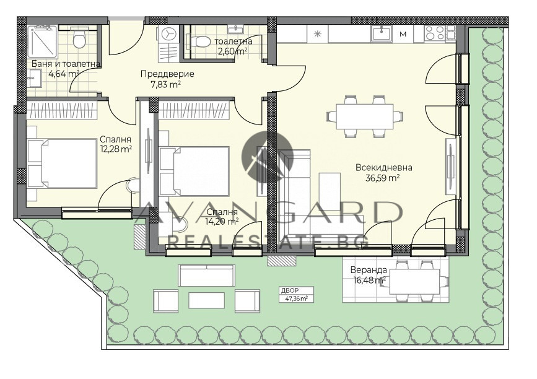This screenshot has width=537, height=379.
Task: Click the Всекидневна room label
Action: click(383, 168)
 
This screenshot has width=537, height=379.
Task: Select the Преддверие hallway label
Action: click(167, 74)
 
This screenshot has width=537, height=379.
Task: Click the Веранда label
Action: click(369, 271)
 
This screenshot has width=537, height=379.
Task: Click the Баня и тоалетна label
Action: click(66, 64)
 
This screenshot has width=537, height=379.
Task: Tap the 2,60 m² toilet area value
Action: click(234, 51)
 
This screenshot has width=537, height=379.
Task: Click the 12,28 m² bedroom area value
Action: click(116, 149)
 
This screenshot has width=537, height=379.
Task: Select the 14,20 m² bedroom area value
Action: click(222, 222)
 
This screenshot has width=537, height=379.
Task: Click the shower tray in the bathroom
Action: click(42, 41)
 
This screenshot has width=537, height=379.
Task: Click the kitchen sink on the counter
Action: click(382, 34)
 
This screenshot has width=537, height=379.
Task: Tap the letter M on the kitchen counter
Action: click(403, 34)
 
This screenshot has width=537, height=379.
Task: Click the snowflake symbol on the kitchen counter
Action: click(318, 34)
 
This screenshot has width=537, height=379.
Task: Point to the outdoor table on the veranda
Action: click(415, 282)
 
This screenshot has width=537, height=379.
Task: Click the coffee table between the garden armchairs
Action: click(206, 300)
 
